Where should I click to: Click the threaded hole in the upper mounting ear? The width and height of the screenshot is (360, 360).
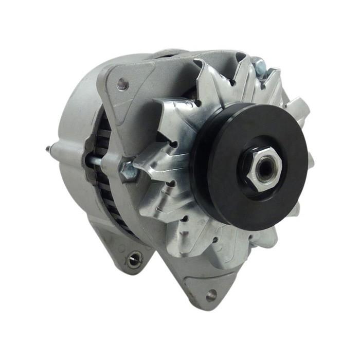pos(122,84)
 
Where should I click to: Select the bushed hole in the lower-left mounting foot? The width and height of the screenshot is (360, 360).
pos(134,259)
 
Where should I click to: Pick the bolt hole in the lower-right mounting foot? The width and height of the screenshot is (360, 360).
pos(211,295)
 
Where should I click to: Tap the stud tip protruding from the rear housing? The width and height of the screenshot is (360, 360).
pos(49,149)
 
